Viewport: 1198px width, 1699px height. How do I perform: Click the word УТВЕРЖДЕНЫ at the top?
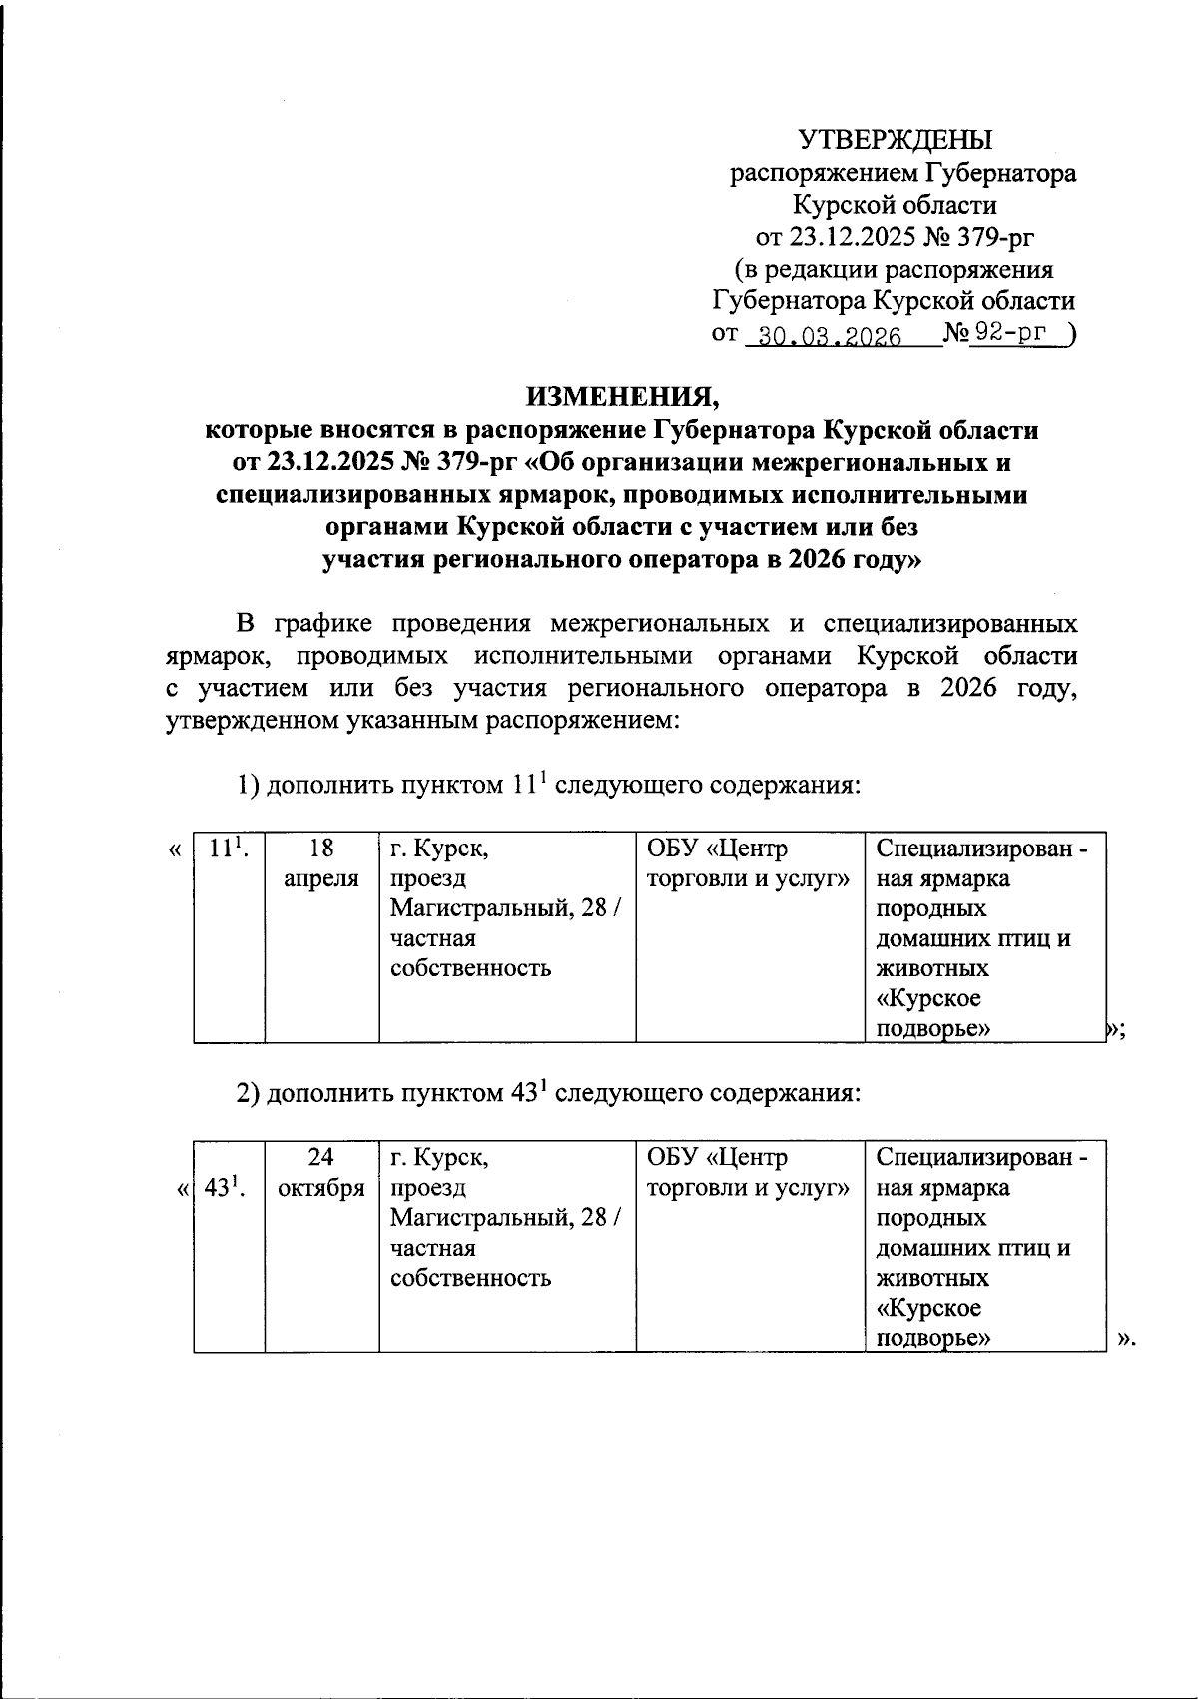pyautogui.click(x=895, y=140)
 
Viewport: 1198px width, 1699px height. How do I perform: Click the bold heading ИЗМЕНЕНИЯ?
pyautogui.click(x=623, y=398)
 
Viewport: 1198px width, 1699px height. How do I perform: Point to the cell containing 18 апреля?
pyautogui.click(x=321, y=863)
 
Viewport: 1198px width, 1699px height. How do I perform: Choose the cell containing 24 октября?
pyautogui.click(x=321, y=1173)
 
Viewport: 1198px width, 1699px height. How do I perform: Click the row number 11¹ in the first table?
pyautogui.click(x=228, y=849)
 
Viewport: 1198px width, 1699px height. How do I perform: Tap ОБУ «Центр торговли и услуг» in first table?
pyautogui.click(x=749, y=863)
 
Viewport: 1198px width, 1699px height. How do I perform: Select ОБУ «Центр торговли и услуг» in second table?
pyautogui.click(x=749, y=1173)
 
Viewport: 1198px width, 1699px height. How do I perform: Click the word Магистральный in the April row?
pyautogui.click(x=480, y=909)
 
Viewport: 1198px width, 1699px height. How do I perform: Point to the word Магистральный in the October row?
pyautogui.click(x=480, y=1219)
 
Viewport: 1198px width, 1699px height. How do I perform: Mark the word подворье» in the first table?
pyautogui.click(x=933, y=1029)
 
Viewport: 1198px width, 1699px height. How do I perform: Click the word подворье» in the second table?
pyautogui.click(x=933, y=1339)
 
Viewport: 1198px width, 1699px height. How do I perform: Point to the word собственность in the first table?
pyautogui.click(x=470, y=968)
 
